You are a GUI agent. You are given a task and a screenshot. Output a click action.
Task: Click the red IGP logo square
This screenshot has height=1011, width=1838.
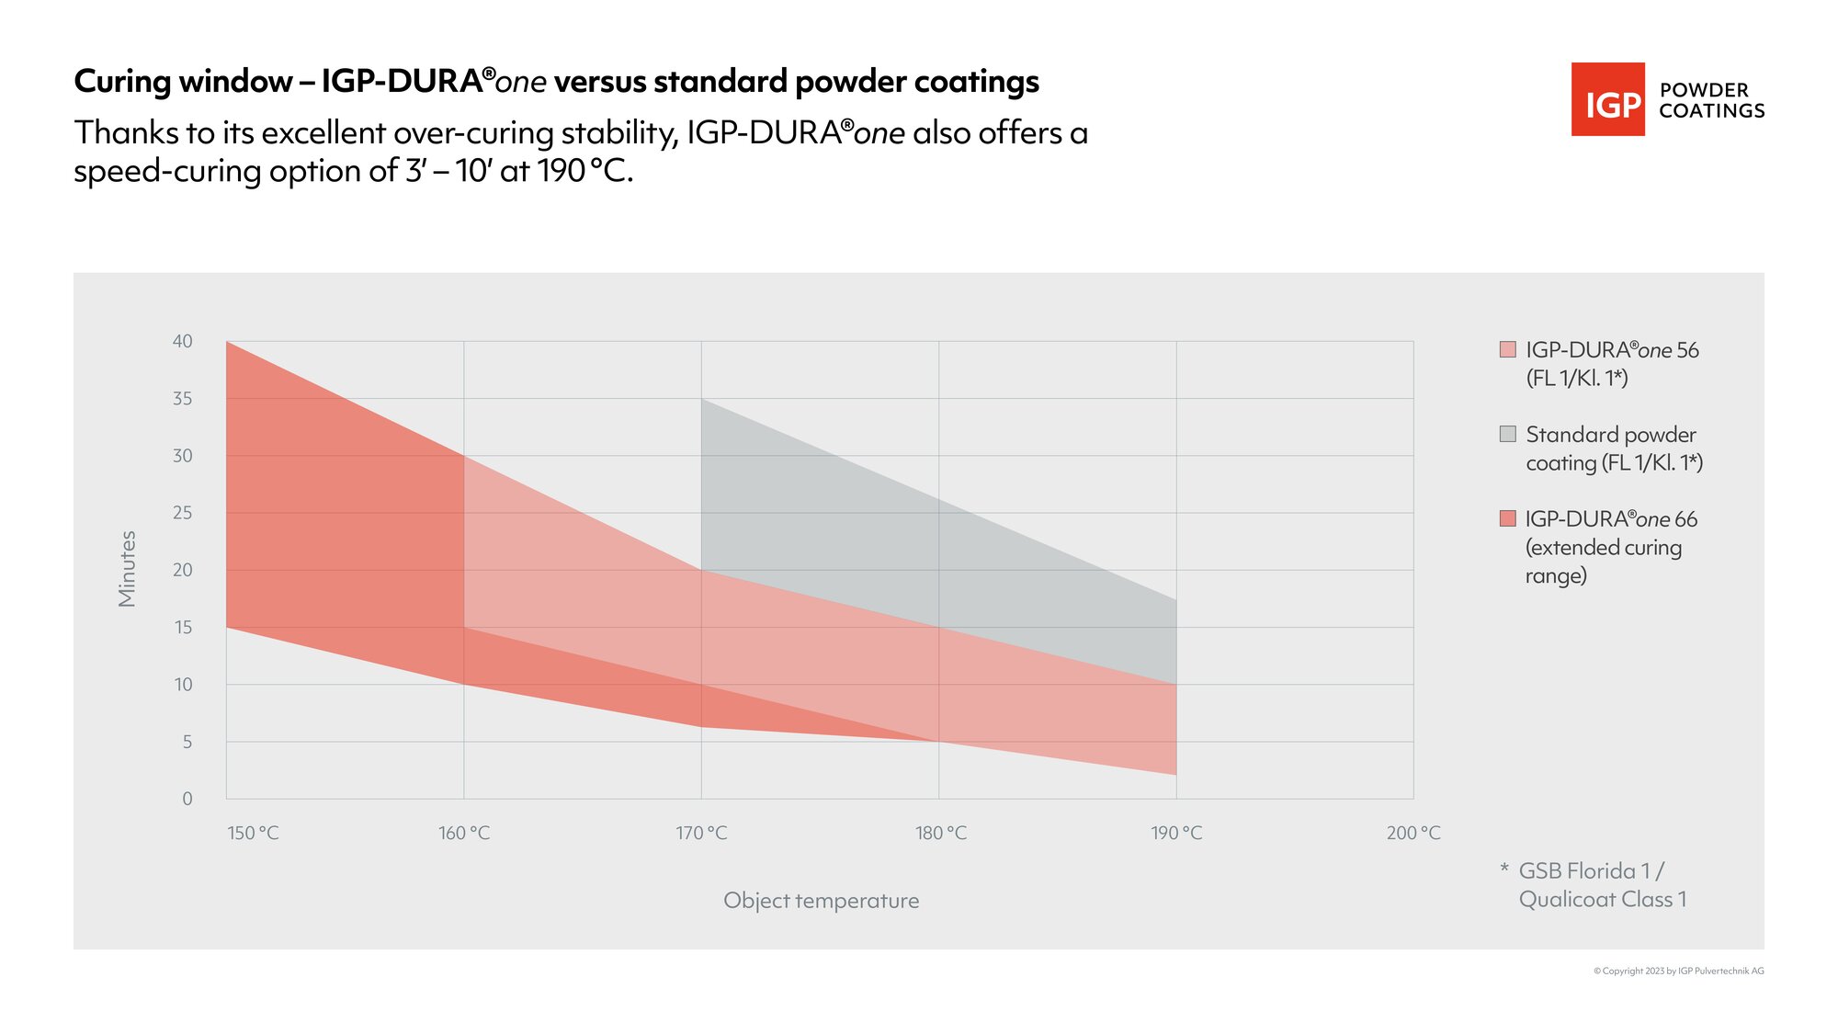[x=1607, y=99]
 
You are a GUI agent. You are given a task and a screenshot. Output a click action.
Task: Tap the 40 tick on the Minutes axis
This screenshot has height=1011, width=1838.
[x=183, y=341]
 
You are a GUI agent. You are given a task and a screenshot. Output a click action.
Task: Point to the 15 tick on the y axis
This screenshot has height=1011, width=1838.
[x=183, y=627]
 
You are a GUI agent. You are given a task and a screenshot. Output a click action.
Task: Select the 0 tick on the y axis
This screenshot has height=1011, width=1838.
[x=187, y=799]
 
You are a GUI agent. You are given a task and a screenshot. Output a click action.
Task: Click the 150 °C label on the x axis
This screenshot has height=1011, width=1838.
[x=253, y=833]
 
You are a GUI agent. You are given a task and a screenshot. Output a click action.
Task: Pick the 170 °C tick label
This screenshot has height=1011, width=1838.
[x=701, y=833]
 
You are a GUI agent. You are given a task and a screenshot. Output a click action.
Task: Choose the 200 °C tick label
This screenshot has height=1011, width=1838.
[x=1413, y=833]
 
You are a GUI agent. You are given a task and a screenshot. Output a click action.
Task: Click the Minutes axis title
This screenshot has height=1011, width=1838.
[x=127, y=569]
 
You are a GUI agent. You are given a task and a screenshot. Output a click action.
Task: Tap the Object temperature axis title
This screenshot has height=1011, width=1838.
[x=821, y=901]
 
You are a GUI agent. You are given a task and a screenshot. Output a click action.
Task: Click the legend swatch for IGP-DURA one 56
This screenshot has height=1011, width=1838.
[x=1507, y=349]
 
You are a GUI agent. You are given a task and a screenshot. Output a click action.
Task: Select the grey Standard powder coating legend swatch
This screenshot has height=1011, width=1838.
[x=1507, y=434]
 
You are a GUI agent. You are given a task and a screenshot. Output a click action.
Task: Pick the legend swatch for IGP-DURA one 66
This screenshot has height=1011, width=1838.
[x=1507, y=518]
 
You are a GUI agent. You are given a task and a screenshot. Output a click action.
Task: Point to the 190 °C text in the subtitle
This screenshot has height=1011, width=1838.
[x=584, y=171]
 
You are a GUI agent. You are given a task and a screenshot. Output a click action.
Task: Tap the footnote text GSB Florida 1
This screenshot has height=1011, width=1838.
[x=1591, y=870]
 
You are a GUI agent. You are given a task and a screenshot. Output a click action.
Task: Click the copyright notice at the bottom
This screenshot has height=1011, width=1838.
[x=1678, y=971]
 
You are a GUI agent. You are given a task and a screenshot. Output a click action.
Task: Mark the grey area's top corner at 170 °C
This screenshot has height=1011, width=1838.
[x=702, y=400]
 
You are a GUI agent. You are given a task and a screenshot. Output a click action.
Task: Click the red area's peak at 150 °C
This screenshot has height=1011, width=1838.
[x=227, y=343]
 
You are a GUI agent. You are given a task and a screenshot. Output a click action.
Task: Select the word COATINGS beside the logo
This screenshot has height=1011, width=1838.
[x=1711, y=111]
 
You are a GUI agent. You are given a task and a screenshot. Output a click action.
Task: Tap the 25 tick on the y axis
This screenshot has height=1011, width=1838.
[x=183, y=512]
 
